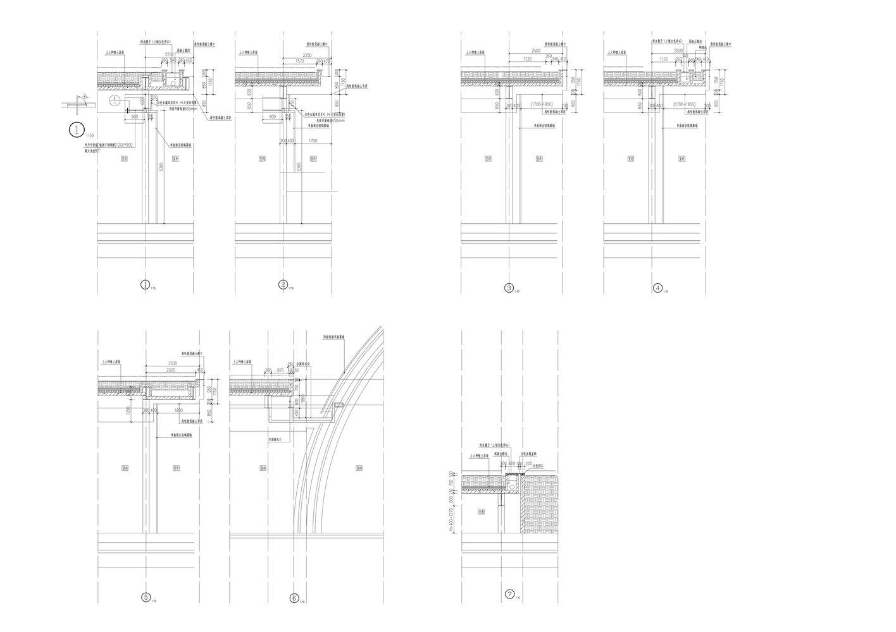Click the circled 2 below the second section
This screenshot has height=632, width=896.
283,285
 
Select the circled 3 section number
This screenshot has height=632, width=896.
509,288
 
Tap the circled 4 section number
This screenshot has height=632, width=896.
658,288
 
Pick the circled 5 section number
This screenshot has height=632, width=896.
146,597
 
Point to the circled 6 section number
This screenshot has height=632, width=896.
294,597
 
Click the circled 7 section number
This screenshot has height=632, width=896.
510,594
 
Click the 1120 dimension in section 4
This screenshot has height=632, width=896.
663,58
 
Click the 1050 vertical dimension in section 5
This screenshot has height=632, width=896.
128,411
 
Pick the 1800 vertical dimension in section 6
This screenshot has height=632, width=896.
303,399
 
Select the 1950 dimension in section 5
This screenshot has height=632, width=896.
178,410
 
